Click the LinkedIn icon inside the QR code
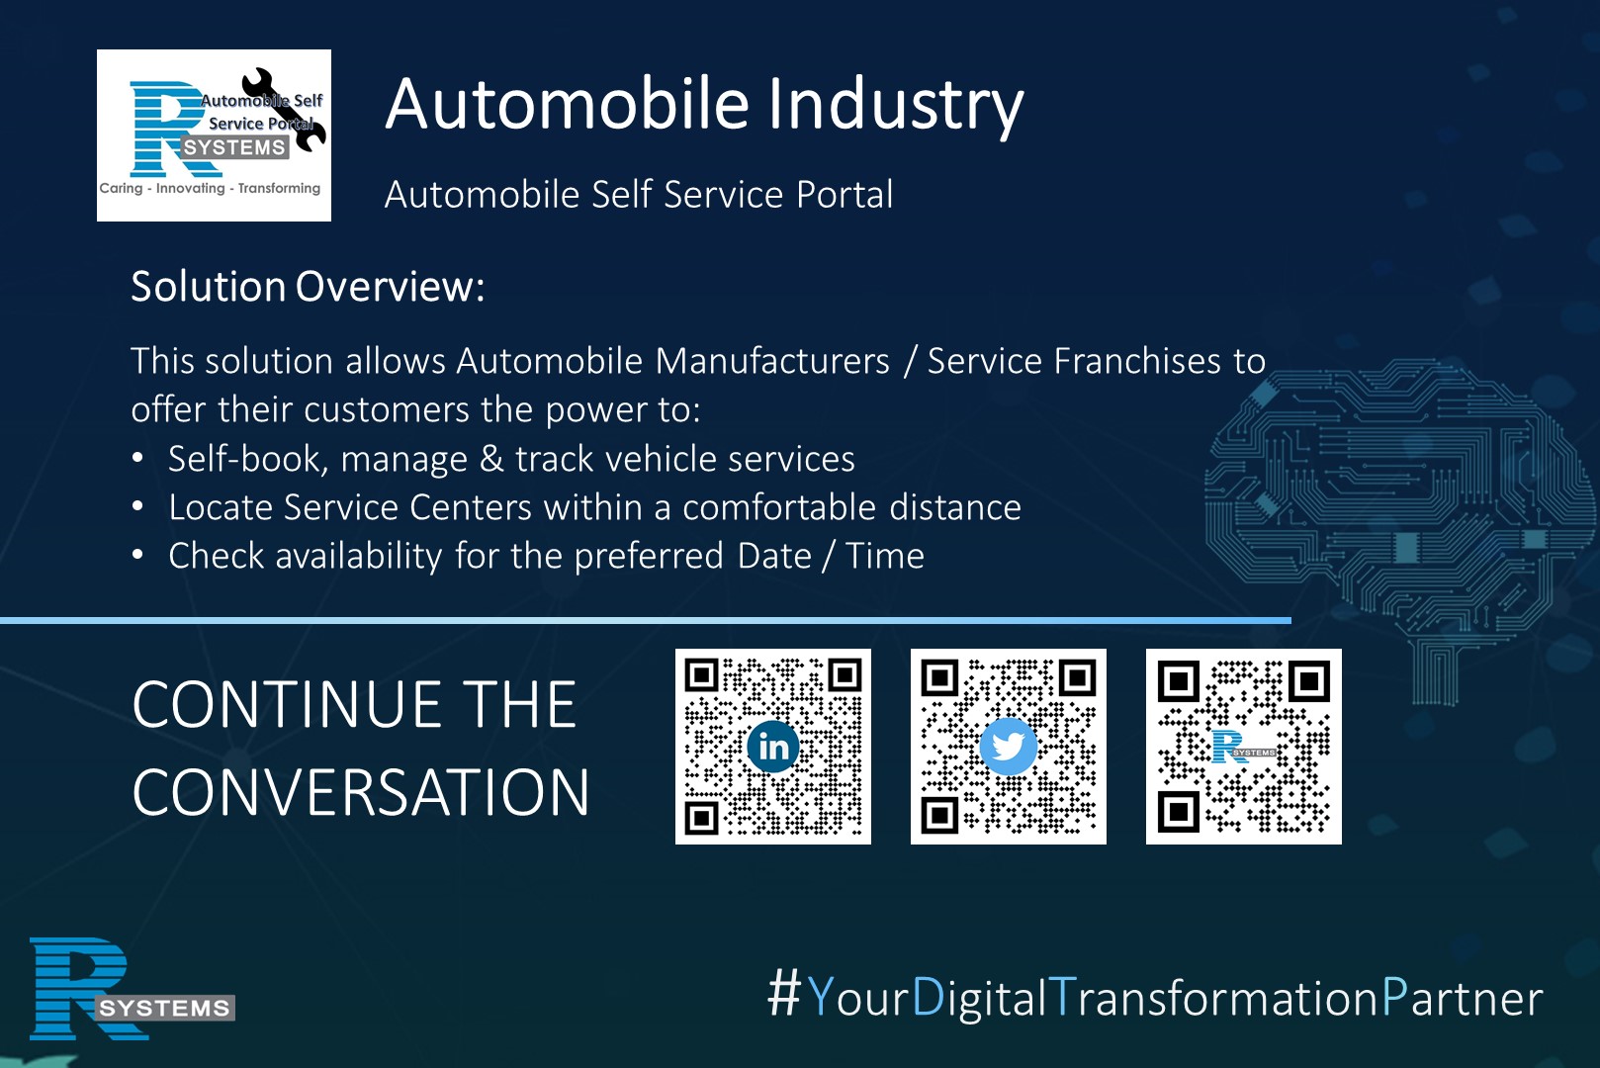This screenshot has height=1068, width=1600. (773, 747)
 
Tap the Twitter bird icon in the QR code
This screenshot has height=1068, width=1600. (1008, 747)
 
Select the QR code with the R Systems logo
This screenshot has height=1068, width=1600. (1244, 747)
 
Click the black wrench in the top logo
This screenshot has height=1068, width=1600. (284, 110)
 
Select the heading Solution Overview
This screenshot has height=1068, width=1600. (308, 287)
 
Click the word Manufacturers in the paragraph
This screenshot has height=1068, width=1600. (772, 361)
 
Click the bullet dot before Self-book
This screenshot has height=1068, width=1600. (137, 458)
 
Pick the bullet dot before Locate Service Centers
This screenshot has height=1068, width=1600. (137, 506)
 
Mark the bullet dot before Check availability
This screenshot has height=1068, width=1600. (137, 555)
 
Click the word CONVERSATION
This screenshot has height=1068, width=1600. (361, 792)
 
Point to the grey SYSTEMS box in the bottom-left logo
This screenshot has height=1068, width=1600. (165, 1008)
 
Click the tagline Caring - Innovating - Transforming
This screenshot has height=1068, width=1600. (210, 189)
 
